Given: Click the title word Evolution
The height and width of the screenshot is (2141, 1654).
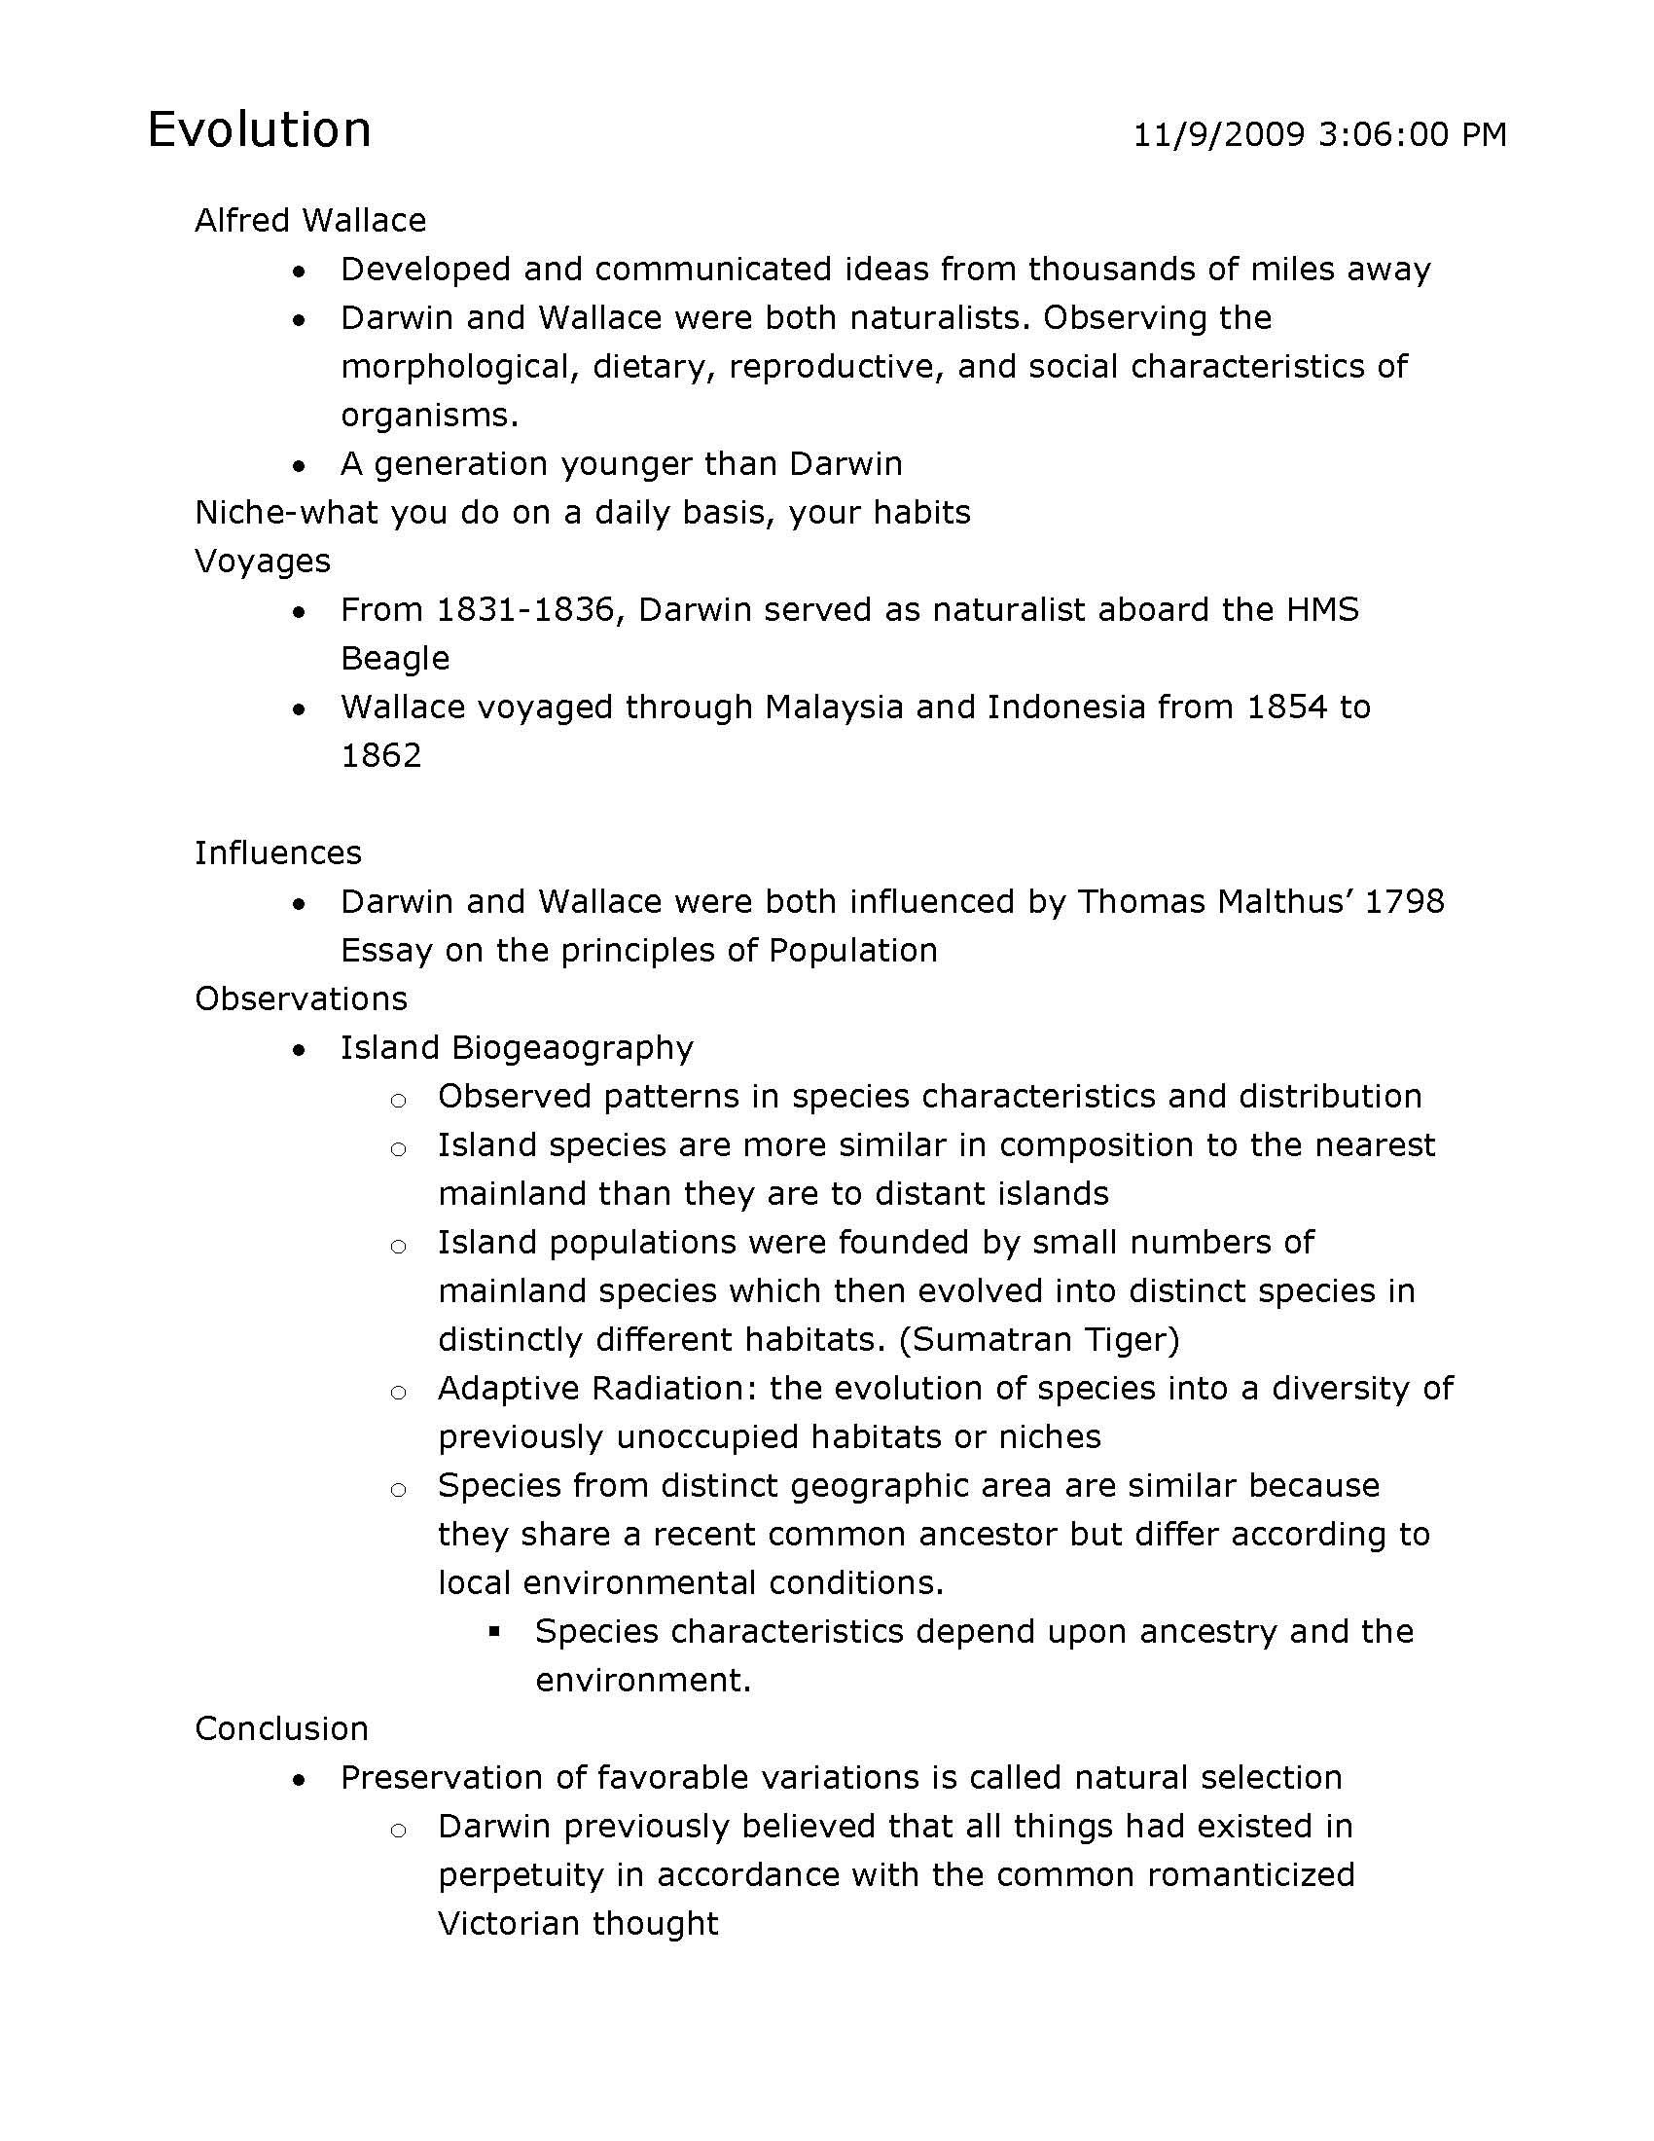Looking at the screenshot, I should [x=259, y=130].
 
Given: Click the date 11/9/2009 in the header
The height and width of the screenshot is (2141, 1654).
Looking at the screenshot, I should [x=1219, y=134].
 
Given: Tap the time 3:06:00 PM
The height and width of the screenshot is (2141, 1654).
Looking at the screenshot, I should [x=1412, y=134].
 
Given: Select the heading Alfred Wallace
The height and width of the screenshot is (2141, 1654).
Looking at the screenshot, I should [x=309, y=221].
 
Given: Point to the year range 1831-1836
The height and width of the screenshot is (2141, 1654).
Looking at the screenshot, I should [x=530, y=610].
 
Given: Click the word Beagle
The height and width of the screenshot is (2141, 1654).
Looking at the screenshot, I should [x=395, y=658].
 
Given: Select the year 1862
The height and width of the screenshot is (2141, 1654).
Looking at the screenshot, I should [x=380, y=756].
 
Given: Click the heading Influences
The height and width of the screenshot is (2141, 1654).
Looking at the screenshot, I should [x=277, y=853].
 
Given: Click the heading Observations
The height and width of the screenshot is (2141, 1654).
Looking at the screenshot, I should [x=301, y=998].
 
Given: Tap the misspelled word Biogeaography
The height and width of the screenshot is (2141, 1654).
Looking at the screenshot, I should [x=572, y=1048].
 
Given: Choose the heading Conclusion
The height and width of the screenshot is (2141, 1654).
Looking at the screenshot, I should [x=281, y=1728].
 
